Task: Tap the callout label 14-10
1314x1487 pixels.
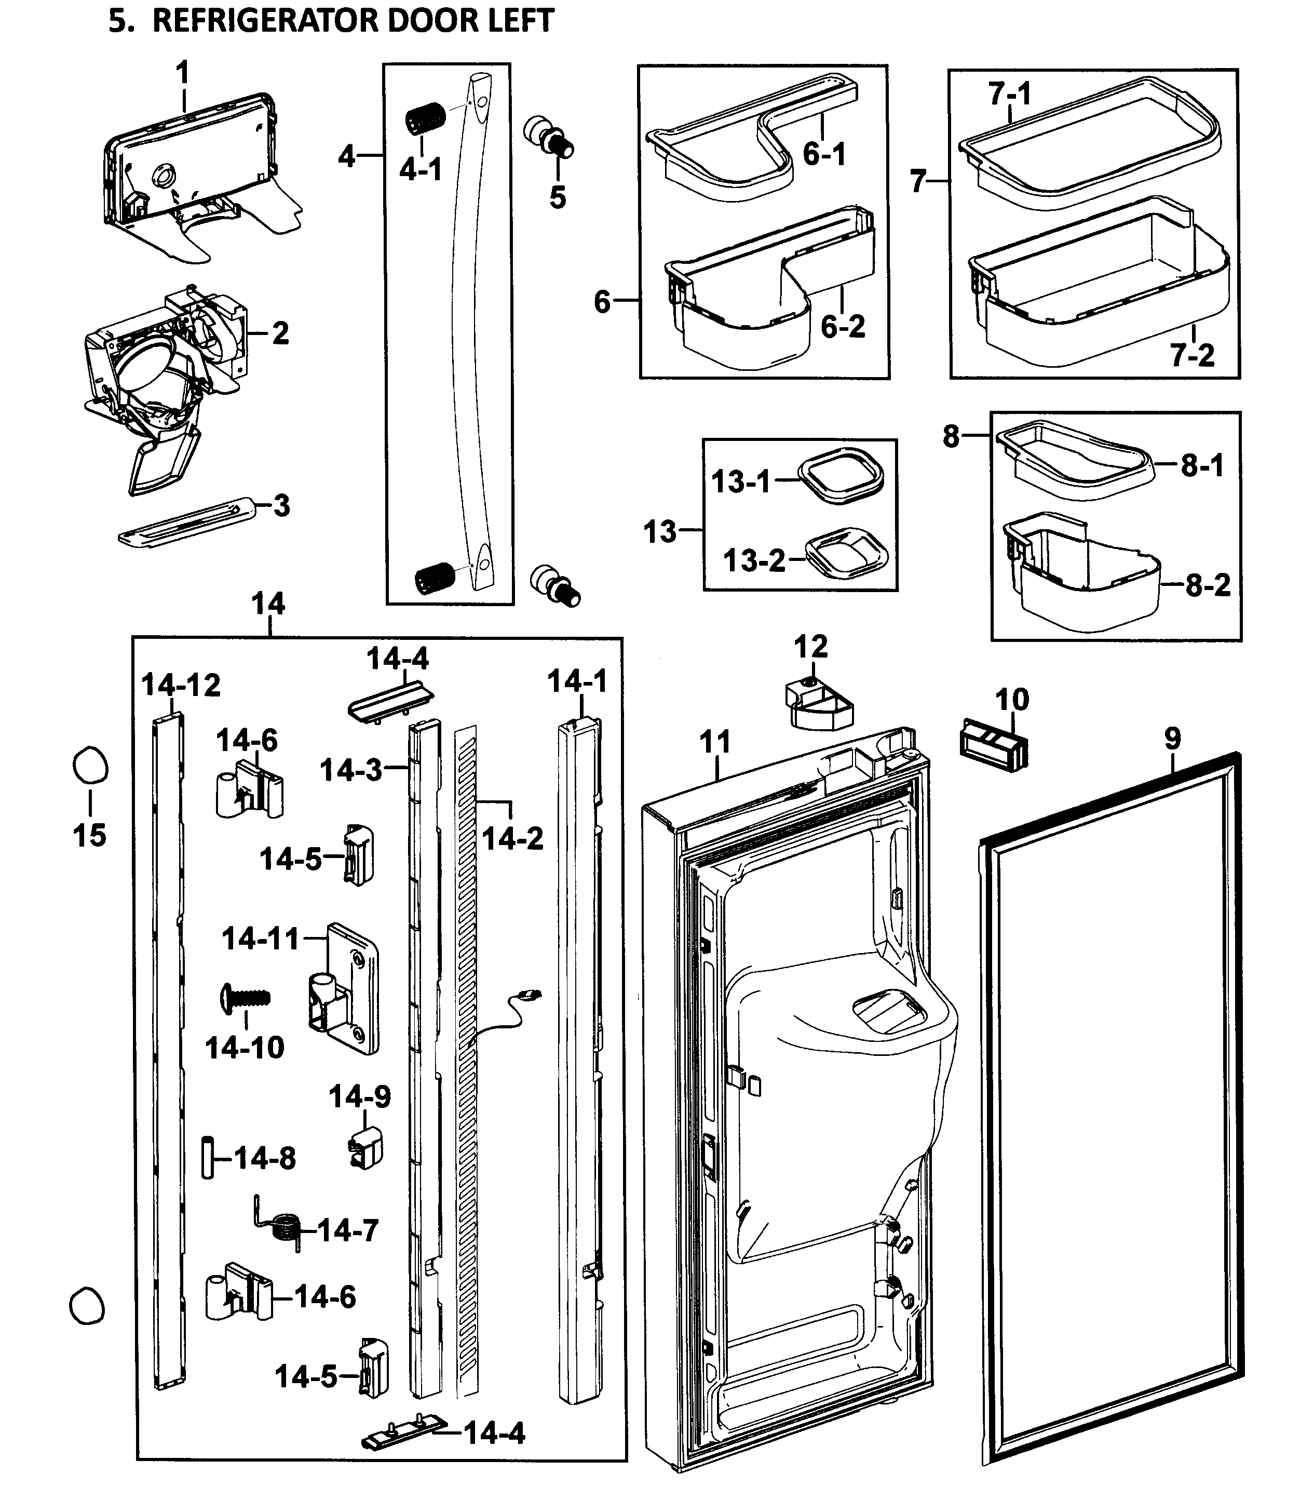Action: point(245,1048)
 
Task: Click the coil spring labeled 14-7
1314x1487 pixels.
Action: point(285,1229)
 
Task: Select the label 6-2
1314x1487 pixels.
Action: point(843,327)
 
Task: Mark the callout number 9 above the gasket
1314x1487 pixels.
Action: point(1173,739)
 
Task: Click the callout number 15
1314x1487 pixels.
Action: point(89,835)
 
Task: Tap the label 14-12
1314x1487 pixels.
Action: point(180,685)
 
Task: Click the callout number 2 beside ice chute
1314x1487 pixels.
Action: point(280,333)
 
